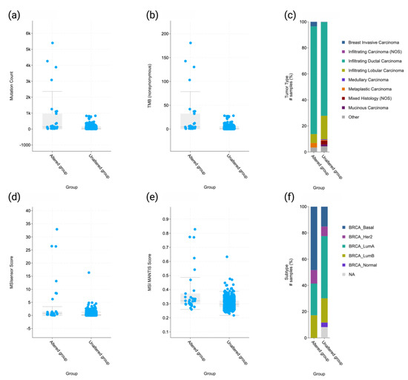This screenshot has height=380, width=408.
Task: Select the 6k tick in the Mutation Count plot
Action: pyautogui.click(x=27, y=33)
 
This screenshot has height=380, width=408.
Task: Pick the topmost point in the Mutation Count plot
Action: pyautogui.click(x=52, y=43)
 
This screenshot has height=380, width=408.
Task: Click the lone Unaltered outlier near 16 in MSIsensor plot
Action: pyautogui.click(x=88, y=273)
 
